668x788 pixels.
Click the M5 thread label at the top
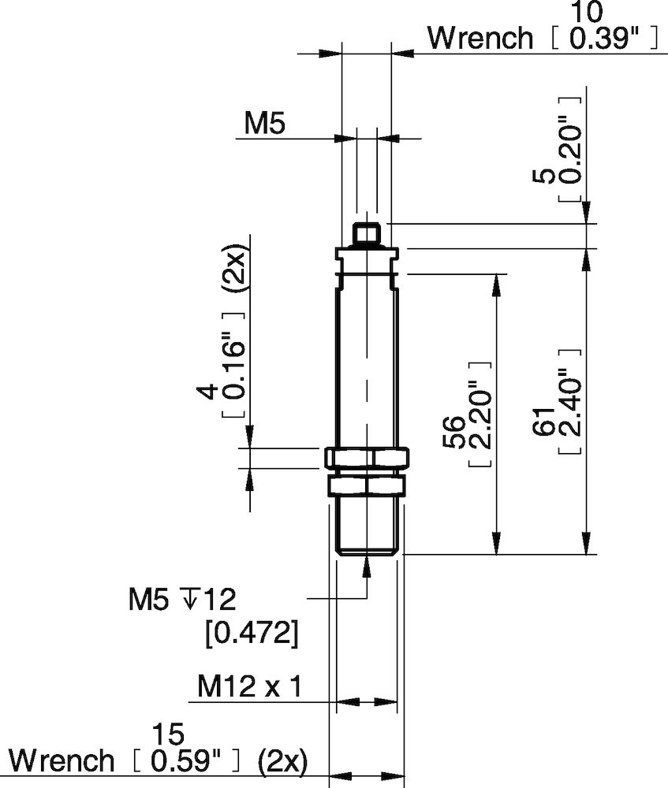point(263,123)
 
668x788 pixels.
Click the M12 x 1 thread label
point(249,687)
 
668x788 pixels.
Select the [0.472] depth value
point(252,634)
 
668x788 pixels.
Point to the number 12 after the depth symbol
point(218,601)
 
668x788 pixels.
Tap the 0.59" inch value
point(186,761)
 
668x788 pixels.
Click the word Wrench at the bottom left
point(62,761)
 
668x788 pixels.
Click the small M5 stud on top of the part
point(366,234)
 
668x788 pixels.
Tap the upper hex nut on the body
point(366,457)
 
